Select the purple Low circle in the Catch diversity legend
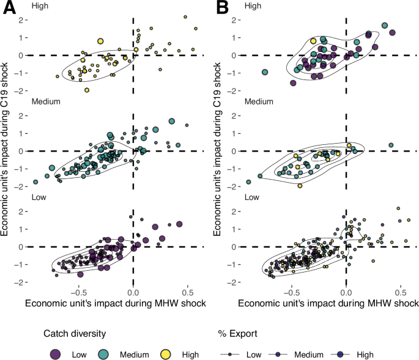tap(56, 354)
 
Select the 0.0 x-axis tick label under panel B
tap(346, 292)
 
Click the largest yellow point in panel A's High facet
tap(100, 41)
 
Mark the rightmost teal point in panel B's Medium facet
tap(391, 145)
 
